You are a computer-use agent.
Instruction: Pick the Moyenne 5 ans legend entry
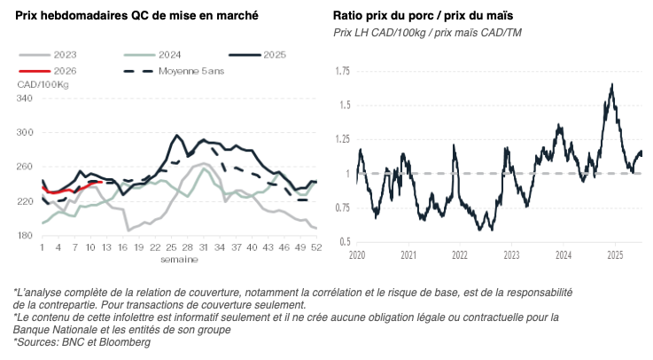(x=182, y=70)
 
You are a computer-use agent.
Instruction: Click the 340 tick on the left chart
(x=25, y=98)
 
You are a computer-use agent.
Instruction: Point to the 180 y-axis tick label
(x=25, y=235)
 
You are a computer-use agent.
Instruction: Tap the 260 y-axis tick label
(x=25, y=167)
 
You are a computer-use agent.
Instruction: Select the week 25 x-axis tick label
(x=171, y=249)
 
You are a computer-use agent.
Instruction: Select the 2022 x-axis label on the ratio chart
(x=460, y=254)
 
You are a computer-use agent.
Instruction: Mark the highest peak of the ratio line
(x=612, y=85)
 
